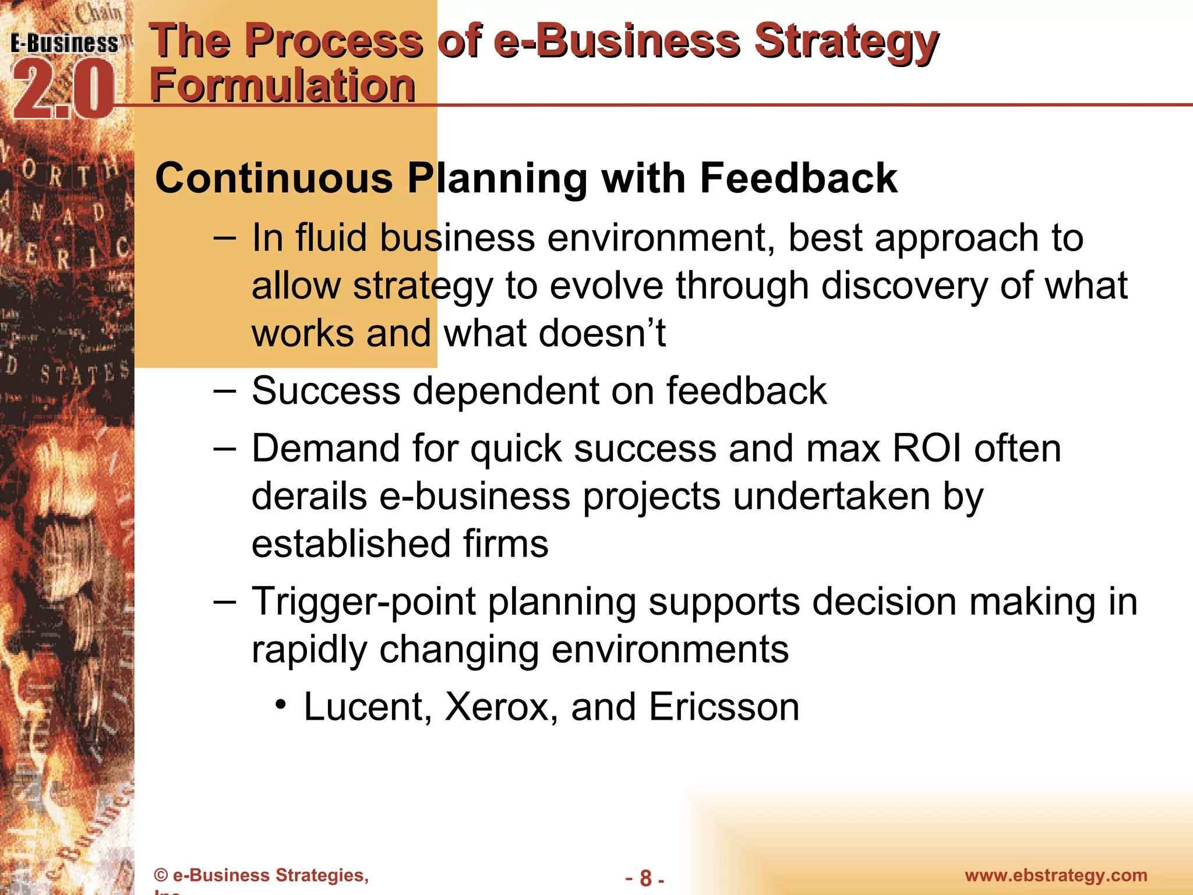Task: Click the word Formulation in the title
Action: (283, 85)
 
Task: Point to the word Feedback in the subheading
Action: (798, 178)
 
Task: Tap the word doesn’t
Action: (602, 333)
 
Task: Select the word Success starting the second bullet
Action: (326, 390)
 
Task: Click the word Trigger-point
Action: (364, 601)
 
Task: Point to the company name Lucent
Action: (368, 707)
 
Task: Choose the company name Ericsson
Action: (723, 707)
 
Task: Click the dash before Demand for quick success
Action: (225, 449)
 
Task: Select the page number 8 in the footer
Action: (645, 878)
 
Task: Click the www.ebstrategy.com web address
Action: (1056, 875)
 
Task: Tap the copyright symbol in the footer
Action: (161, 875)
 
